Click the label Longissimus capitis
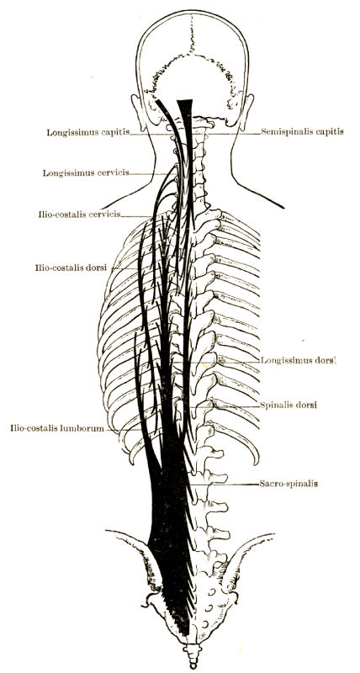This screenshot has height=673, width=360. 88,132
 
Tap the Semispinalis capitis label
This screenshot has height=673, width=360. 303,132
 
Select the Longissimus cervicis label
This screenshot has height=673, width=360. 86,173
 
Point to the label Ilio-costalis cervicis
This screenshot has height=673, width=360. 79,214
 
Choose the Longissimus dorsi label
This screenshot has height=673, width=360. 299,361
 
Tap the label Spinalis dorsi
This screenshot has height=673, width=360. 289,405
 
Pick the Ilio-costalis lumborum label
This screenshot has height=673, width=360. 57,428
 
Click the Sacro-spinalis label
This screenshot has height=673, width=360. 289,484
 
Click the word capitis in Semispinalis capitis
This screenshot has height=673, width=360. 330,132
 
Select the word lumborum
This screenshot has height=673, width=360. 86,428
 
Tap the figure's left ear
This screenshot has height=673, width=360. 137,113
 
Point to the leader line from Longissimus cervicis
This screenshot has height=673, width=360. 151,174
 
